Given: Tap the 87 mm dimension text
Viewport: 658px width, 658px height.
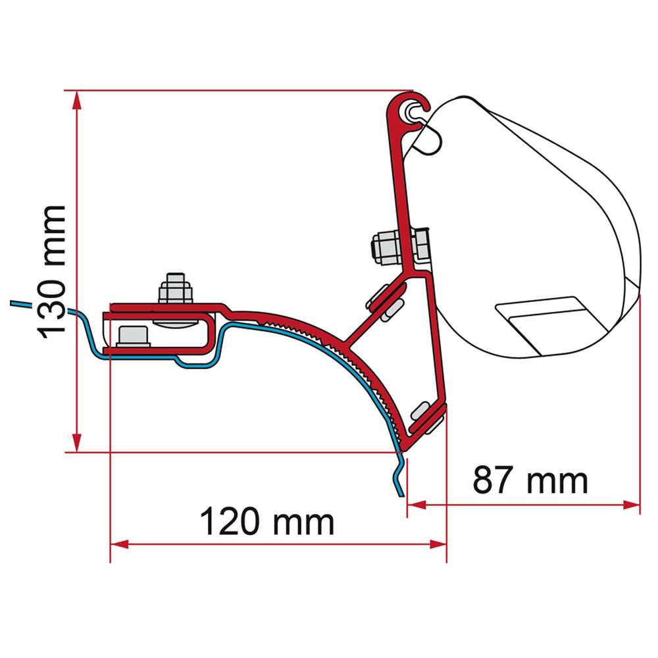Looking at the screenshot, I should pyautogui.click(x=530, y=481).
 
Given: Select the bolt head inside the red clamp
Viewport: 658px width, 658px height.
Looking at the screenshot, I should pyautogui.click(x=134, y=336).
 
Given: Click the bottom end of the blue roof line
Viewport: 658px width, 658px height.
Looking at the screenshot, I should pyautogui.click(x=399, y=494).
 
